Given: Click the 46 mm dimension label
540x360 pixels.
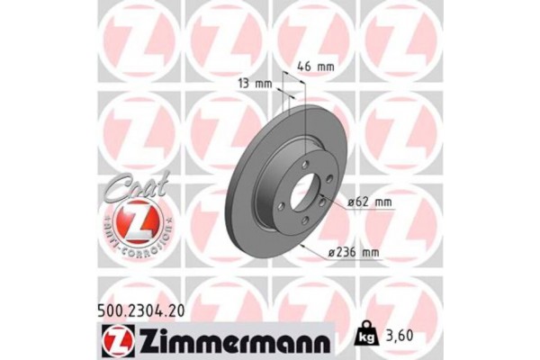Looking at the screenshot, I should [316, 67].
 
